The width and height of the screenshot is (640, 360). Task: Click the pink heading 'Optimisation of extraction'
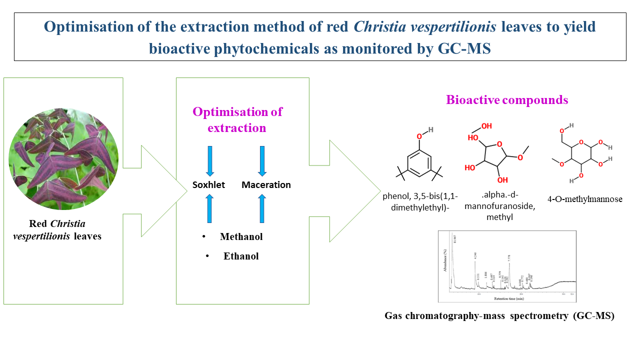(237, 119)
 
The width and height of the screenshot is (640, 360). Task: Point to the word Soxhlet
(209, 185)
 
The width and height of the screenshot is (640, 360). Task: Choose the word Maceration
(266, 185)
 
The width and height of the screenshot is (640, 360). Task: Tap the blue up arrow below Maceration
(261, 209)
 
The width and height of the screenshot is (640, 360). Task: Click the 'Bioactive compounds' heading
(507, 100)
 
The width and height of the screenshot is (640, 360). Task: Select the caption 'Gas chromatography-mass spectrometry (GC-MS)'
(499, 316)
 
